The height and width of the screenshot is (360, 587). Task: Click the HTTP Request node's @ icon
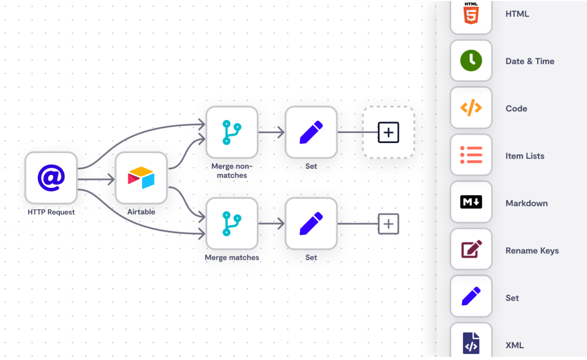(x=51, y=178)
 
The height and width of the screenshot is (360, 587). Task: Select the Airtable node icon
(x=141, y=178)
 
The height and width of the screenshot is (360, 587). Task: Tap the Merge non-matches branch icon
(x=232, y=132)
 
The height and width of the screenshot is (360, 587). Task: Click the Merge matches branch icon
(x=232, y=224)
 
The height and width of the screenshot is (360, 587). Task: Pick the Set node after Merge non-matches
(x=311, y=132)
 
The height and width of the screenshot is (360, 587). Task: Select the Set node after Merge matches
(x=311, y=224)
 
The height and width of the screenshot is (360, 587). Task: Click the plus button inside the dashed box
(x=388, y=132)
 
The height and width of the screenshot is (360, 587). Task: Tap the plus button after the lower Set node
(x=388, y=224)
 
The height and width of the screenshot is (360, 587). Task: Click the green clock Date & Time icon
(x=471, y=61)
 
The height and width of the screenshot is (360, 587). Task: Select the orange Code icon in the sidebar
(x=471, y=108)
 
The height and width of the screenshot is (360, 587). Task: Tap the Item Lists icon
(x=471, y=155)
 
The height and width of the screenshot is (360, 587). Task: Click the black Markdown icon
(x=471, y=202)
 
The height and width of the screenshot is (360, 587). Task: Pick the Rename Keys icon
(x=471, y=249)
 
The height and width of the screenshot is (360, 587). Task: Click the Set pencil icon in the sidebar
(x=471, y=296)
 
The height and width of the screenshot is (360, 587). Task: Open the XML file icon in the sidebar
(x=471, y=343)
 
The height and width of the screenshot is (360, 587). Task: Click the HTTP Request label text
(x=51, y=212)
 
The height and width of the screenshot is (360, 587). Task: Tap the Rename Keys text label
(x=532, y=251)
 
